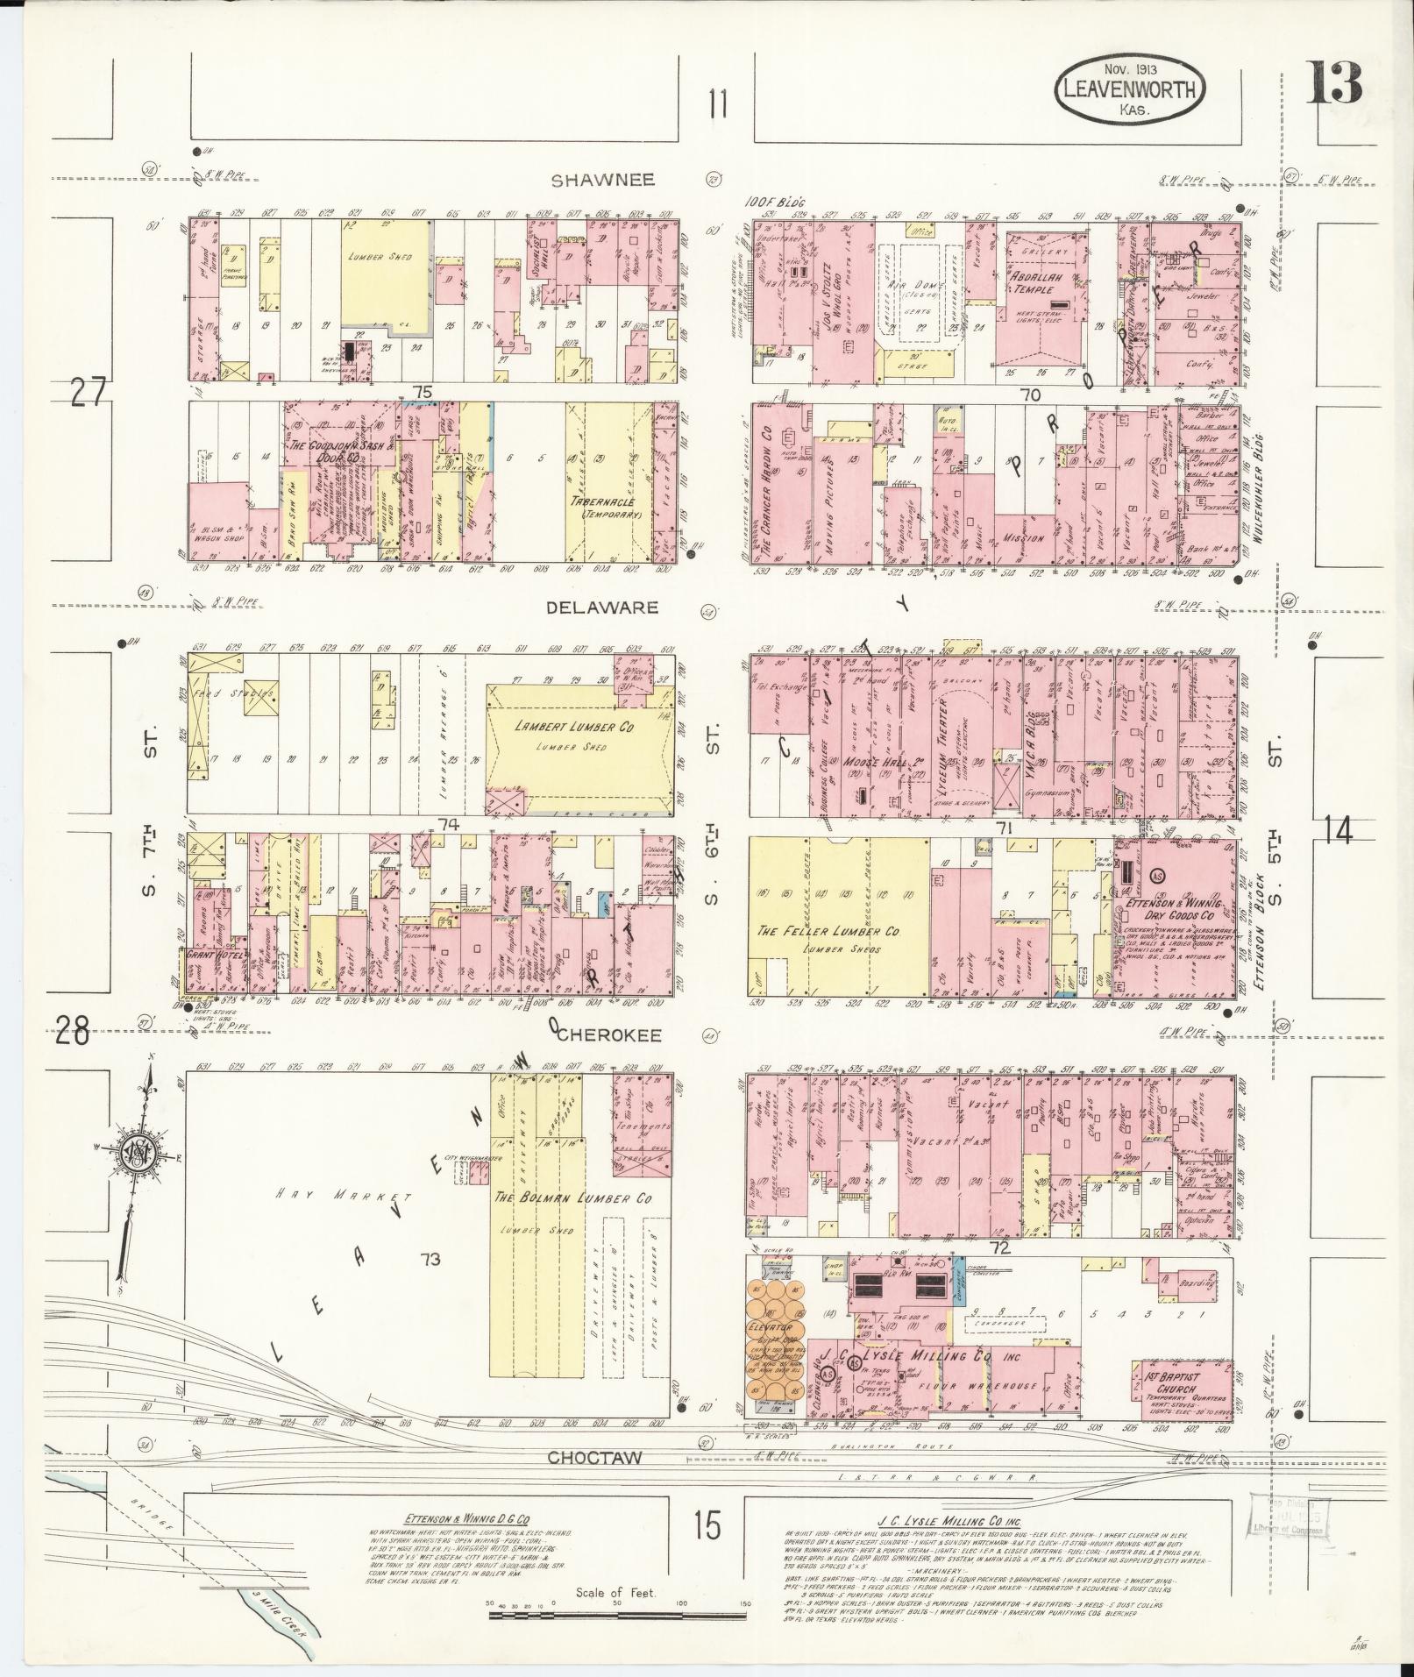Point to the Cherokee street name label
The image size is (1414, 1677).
click(608, 1034)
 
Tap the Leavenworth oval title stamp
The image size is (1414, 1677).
click(1129, 90)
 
